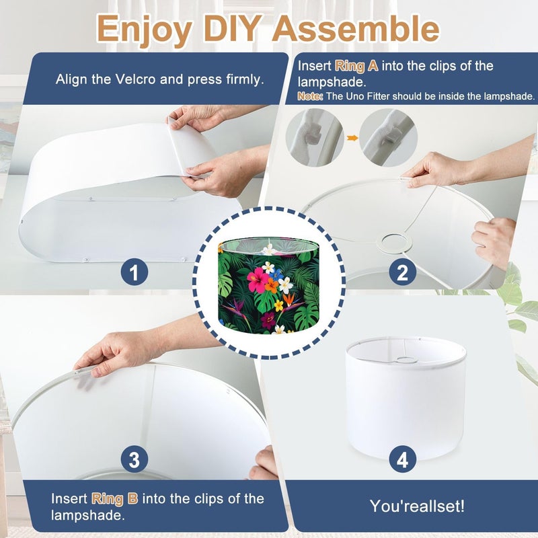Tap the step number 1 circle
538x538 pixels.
134,272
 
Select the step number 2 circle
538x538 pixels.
402,272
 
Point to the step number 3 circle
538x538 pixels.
134,459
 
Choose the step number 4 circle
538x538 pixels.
402,459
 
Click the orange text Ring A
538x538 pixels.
356,66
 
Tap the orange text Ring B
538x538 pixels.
114,498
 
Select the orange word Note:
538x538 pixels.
310,96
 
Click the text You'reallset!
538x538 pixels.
417,506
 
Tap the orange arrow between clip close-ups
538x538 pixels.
352,139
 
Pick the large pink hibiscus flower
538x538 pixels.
258,280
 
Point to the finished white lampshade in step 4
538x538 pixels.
406,398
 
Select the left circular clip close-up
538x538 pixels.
315,138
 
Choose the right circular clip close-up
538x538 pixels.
389,138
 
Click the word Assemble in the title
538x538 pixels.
356,28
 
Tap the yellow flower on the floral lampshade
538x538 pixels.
278,305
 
